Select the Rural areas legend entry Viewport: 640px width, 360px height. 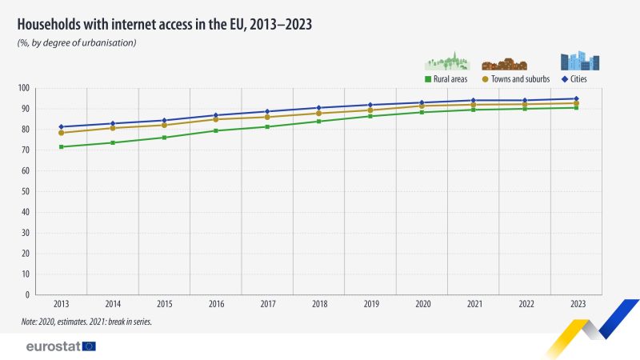[x=446, y=79]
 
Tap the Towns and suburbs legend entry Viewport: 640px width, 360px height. [x=516, y=79]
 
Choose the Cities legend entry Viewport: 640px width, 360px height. [x=574, y=79]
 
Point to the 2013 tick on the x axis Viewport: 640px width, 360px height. [x=62, y=304]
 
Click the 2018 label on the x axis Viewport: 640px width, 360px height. [x=319, y=304]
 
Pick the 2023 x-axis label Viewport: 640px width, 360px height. [x=578, y=304]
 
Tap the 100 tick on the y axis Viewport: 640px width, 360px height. [x=24, y=88]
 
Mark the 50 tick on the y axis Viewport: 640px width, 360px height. [x=26, y=191]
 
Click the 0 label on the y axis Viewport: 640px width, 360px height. [x=27, y=294]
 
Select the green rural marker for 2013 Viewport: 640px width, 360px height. [x=62, y=147]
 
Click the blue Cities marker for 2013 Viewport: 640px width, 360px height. [x=62, y=127]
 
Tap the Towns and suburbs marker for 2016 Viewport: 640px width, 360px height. [x=216, y=119]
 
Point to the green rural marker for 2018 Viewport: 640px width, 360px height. [x=319, y=122]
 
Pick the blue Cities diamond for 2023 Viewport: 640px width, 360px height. [x=576, y=98]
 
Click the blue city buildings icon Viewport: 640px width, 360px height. [x=580, y=61]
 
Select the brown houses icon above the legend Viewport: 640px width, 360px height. [x=505, y=64]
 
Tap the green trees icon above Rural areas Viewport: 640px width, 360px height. [x=447, y=62]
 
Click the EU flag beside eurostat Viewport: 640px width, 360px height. [x=89, y=346]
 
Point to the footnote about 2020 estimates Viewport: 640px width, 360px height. [x=86, y=322]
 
